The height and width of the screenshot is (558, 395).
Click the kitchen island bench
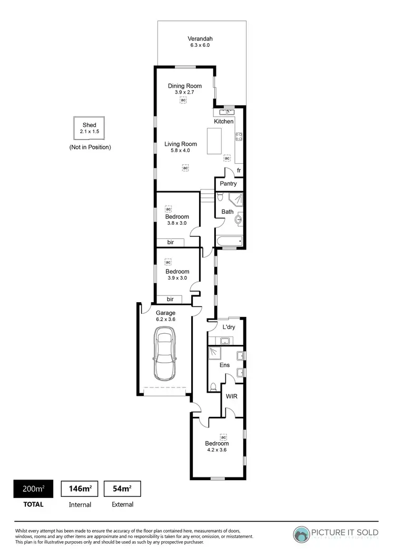pos(214,141)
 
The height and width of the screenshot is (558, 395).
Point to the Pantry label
pos(228,184)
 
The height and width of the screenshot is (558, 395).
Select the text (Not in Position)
pos(90,147)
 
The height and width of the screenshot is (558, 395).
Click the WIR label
pos(231,396)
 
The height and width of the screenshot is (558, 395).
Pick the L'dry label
pos(229,327)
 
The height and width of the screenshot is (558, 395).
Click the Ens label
pos(225,365)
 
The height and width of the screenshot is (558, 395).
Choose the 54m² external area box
pos(122,489)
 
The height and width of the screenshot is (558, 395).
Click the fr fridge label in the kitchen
pos(238,171)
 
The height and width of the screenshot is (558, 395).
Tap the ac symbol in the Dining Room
pos(183,100)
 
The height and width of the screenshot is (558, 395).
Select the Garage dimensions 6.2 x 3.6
pos(165,319)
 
